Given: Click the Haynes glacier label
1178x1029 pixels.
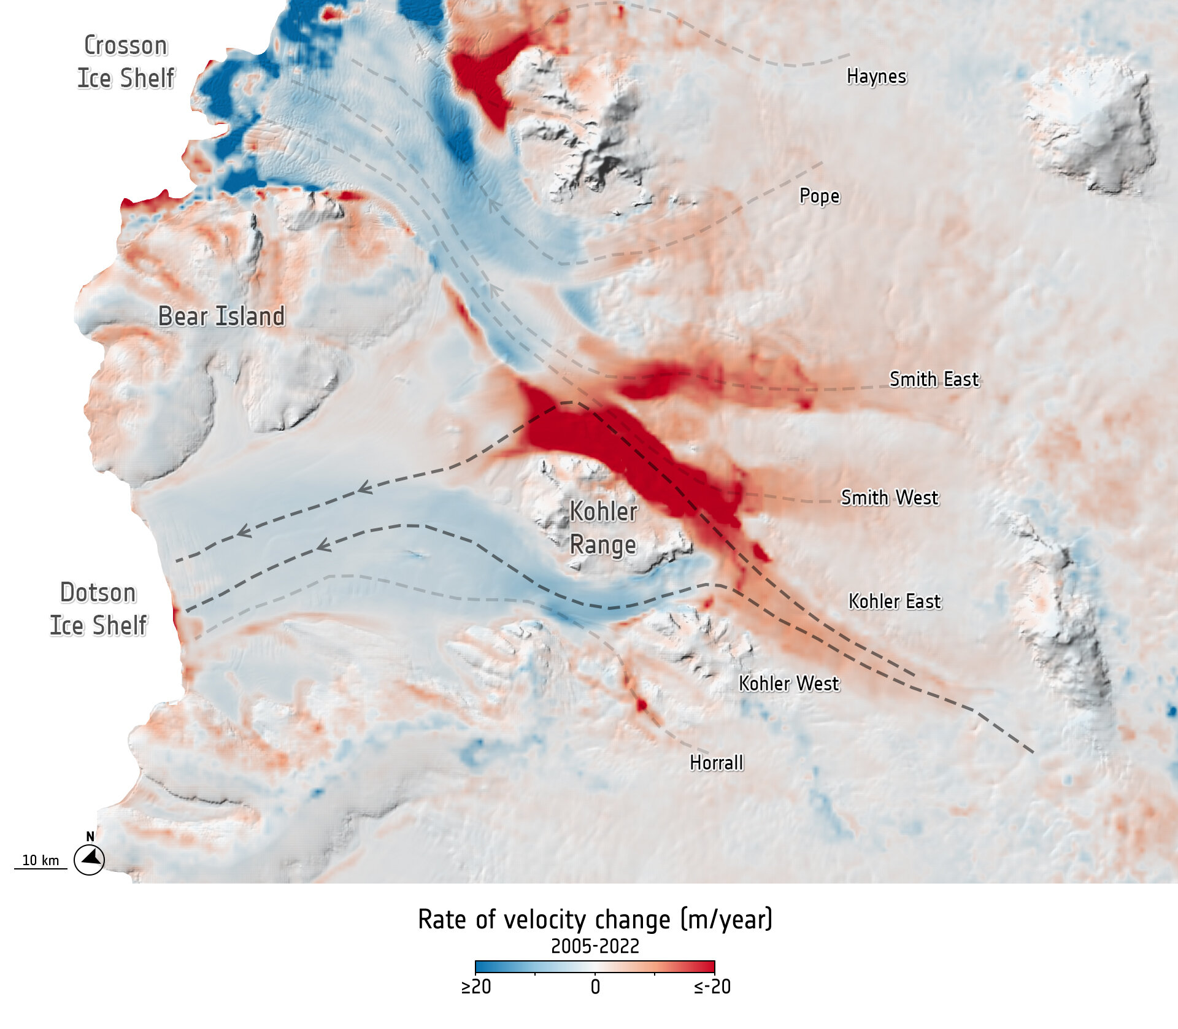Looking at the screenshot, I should coord(876,77).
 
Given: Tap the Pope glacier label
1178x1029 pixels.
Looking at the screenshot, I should coord(819,196).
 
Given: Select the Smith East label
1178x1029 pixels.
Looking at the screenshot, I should coord(934,379).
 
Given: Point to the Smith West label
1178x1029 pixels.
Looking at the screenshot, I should coord(889,498).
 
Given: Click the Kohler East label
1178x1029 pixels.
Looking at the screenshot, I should coord(894,601).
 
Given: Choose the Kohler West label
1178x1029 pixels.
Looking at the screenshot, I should coord(788,684).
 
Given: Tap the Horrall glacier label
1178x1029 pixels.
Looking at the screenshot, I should coord(716,763).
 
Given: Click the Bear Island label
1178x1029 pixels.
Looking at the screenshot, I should coord(221,317).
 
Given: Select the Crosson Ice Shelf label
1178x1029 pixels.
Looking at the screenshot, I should coord(126,62).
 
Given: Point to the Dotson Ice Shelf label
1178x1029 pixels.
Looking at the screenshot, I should coord(98,609).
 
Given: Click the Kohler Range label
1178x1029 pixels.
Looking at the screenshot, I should coord(603,528).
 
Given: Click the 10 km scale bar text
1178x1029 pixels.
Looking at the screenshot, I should coord(40,860).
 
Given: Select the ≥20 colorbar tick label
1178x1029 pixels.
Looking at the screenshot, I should coord(476,987).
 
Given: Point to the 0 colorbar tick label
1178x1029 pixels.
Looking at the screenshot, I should coord(595,987).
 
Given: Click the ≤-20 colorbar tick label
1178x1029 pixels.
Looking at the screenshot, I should coord(712,987).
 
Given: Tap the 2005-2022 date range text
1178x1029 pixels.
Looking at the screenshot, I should coord(595,946).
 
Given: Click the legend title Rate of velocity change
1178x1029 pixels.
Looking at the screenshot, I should coord(595,920).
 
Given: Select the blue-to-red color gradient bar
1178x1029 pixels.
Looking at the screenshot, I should coord(595,966).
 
